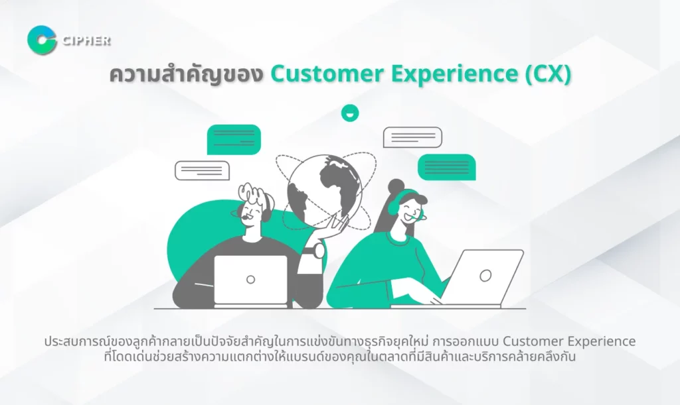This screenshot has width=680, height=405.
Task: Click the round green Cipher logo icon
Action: [x=42, y=40]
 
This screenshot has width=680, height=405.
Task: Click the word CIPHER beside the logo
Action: [x=87, y=40]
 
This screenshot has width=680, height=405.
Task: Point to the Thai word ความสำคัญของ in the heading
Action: [x=187, y=74]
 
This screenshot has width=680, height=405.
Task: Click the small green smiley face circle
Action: [x=350, y=113]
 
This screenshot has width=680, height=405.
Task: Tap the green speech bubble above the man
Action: [x=234, y=139]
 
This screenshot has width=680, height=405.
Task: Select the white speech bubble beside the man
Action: [x=202, y=170]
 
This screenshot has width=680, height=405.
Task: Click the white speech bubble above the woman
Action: [x=412, y=137]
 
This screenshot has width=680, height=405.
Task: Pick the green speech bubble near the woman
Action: [x=447, y=167]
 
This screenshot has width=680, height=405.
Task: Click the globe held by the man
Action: [x=325, y=186]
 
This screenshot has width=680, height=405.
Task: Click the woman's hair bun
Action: [x=396, y=186]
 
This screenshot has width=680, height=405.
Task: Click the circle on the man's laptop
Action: [x=250, y=280]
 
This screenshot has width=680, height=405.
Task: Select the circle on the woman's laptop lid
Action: [x=485, y=275]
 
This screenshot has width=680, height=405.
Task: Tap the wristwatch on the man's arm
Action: [x=319, y=250]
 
